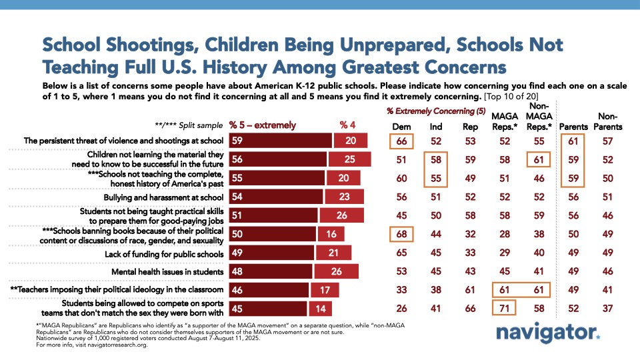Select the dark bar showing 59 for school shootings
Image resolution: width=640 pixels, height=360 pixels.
pos(280,141)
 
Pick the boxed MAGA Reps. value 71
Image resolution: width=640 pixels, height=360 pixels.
pos(505,309)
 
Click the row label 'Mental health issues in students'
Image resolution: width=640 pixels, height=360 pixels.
pos(169,272)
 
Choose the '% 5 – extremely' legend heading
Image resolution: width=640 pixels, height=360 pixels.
pos(263,125)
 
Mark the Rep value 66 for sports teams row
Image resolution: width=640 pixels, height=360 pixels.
pos(470,309)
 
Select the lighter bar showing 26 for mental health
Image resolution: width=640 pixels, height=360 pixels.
pos(336,272)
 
